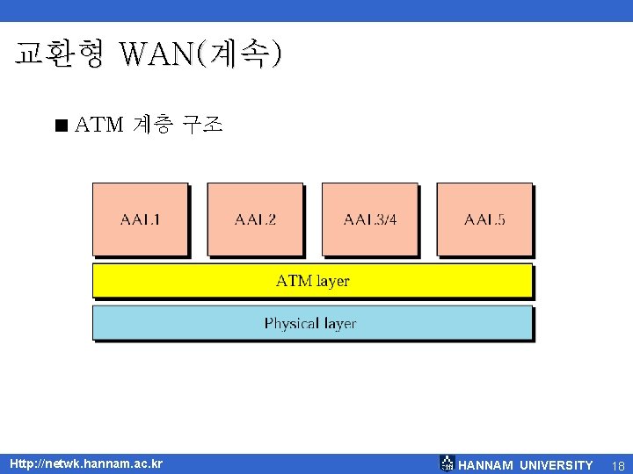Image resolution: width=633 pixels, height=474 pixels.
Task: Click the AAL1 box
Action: [141, 219]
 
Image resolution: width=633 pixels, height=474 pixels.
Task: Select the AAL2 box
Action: [255, 219]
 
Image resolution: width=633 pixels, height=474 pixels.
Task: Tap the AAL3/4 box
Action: [369, 219]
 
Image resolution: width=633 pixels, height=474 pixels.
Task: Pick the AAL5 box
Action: [484, 219]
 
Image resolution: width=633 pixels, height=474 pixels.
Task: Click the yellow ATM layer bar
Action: [313, 281]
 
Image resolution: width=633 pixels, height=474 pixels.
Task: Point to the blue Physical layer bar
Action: [313, 323]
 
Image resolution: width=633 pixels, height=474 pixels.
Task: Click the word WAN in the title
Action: [157, 55]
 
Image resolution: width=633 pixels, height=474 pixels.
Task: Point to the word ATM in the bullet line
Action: [99, 126]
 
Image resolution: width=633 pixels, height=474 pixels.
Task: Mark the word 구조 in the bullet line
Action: [202, 126]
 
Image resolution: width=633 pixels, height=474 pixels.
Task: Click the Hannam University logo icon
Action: [447, 463]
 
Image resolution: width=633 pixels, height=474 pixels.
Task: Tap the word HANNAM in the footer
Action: [486, 464]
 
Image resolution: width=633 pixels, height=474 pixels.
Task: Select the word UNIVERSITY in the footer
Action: [556, 464]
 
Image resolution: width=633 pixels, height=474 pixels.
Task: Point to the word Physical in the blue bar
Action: [291, 323]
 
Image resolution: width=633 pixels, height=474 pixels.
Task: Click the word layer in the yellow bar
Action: [332, 281]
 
